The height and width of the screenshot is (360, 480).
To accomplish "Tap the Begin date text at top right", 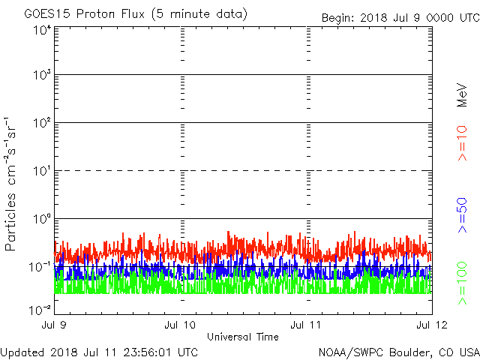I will (x=399, y=17).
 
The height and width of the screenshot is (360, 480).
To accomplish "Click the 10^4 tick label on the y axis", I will (x=40, y=31).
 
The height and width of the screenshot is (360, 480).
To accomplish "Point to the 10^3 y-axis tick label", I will (x=40, y=76).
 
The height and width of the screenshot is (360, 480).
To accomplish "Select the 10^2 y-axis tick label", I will (x=40, y=123).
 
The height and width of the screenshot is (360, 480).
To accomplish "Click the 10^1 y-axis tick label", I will (x=40, y=171).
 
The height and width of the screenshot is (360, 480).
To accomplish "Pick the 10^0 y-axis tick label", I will (x=40, y=219).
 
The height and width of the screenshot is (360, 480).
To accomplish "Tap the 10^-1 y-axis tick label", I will (x=39, y=266).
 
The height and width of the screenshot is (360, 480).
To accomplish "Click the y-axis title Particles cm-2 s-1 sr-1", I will (x=13, y=184).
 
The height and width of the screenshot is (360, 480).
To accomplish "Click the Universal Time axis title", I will (x=243, y=337).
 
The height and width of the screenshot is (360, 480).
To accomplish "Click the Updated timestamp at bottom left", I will (x=100, y=352).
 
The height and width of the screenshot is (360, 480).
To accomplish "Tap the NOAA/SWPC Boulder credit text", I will (x=397, y=352).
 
